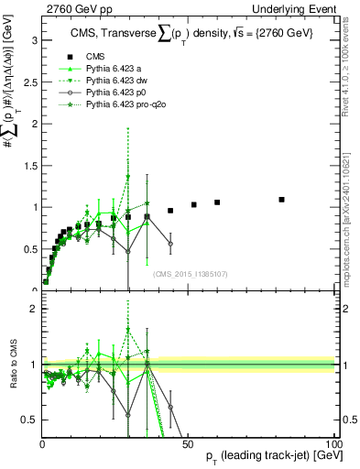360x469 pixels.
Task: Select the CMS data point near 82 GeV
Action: [x=281, y=199]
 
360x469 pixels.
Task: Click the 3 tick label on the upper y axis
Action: [x=34, y=40]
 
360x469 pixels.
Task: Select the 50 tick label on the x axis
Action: [x=188, y=444]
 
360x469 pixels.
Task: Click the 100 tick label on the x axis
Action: [x=333, y=444]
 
